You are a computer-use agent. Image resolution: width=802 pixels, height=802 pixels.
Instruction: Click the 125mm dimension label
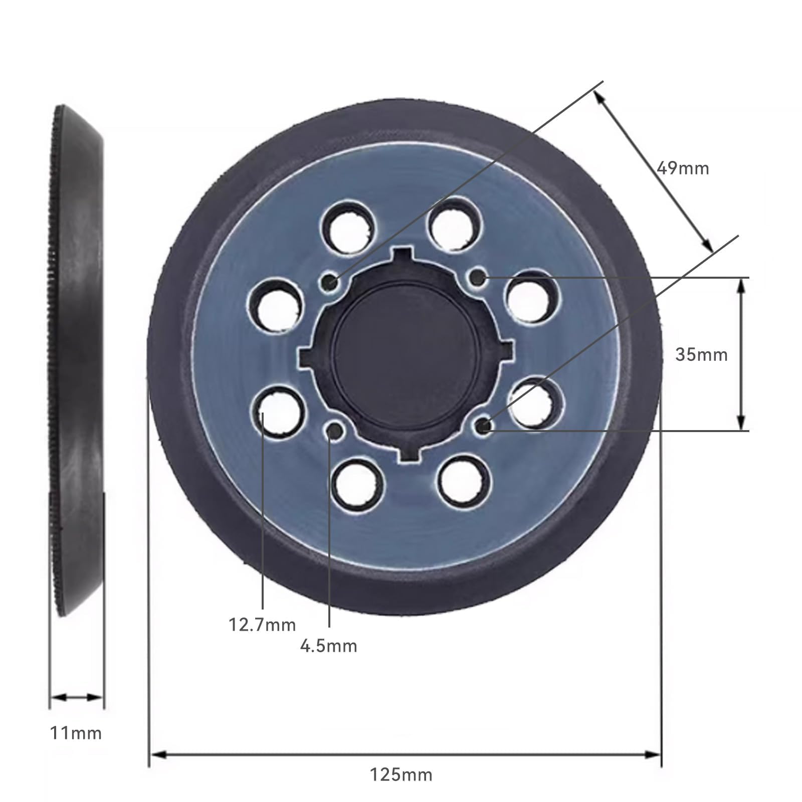[x=401, y=775]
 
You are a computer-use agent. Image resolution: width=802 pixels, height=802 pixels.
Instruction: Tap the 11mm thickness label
[x=76, y=733]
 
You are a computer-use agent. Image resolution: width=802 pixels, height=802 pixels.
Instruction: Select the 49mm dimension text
[x=683, y=168]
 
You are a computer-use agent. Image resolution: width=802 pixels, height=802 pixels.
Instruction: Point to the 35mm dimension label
[x=701, y=354]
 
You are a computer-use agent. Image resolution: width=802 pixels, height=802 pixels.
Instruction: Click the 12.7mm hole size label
[x=262, y=625]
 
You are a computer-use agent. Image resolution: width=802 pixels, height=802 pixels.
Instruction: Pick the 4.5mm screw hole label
[x=329, y=646]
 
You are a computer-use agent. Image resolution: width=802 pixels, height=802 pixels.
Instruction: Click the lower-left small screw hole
[x=334, y=430]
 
